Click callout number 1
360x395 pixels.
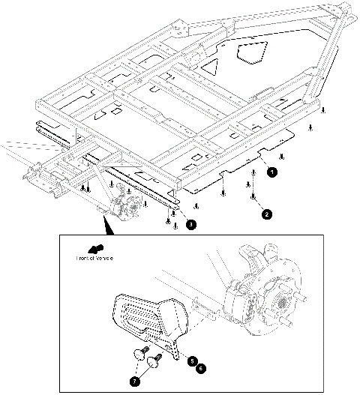273,172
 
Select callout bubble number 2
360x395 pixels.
266,213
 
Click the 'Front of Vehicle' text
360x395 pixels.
93,258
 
